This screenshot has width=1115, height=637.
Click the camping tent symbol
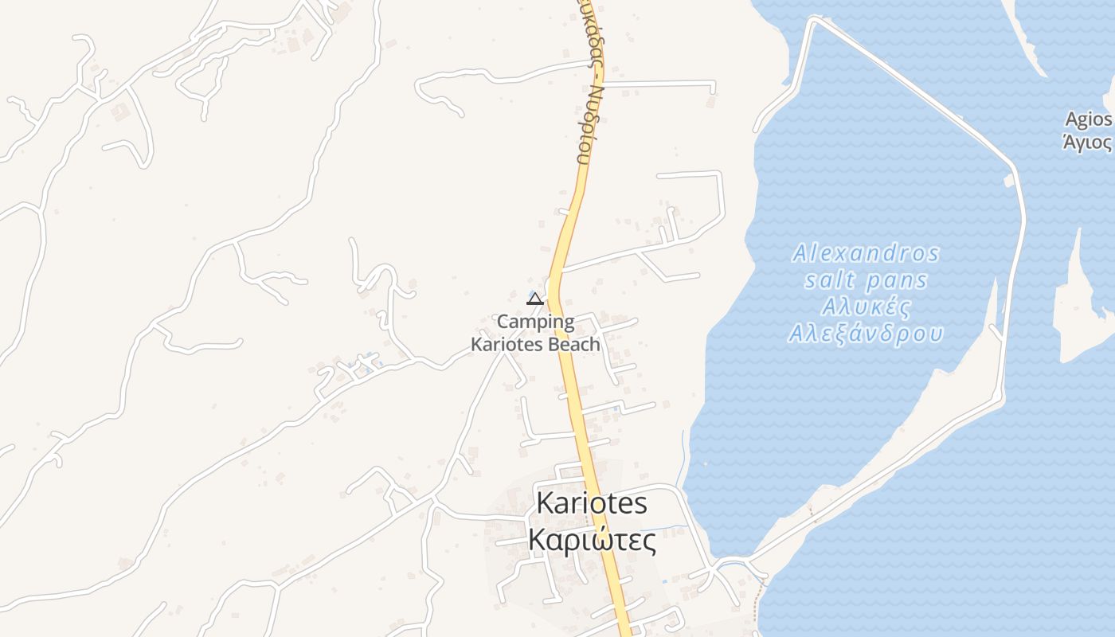[535, 299]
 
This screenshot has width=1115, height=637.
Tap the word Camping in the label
[535, 322]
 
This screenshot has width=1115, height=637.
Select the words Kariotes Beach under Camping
[535, 345]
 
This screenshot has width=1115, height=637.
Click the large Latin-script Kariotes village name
[591, 503]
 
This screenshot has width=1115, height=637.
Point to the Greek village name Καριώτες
[592, 541]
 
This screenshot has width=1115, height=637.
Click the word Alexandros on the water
[866, 254]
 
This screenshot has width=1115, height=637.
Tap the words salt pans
[866, 280]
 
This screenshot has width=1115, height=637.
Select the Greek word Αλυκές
[866, 307]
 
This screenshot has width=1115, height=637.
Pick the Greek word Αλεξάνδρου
[866, 334]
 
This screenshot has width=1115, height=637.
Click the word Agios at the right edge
[1089, 119]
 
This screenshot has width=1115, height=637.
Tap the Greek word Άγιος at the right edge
[1088, 143]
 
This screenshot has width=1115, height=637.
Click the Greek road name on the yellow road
[589, 88]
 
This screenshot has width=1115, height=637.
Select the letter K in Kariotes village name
[547, 503]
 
